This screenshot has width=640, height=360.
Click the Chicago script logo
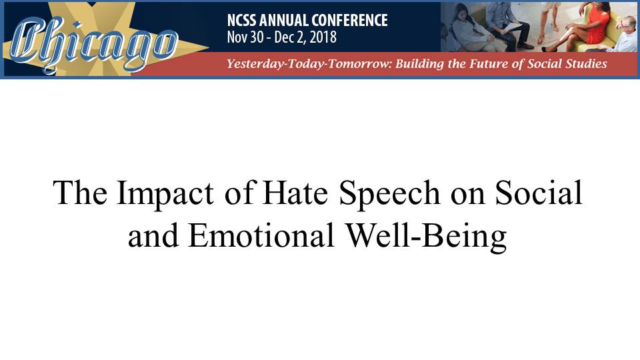[x=94, y=44]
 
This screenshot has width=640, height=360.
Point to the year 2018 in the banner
[x=323, y=37]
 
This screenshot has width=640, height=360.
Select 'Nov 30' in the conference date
[x=245, y=37]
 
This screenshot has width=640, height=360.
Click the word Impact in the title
[x=165, y=193]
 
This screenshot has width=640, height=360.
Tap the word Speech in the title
[x=389, y=193]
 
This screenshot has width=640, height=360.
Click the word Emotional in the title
[x=261, y=235]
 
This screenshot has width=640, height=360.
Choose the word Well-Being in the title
[x=426, y=237]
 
